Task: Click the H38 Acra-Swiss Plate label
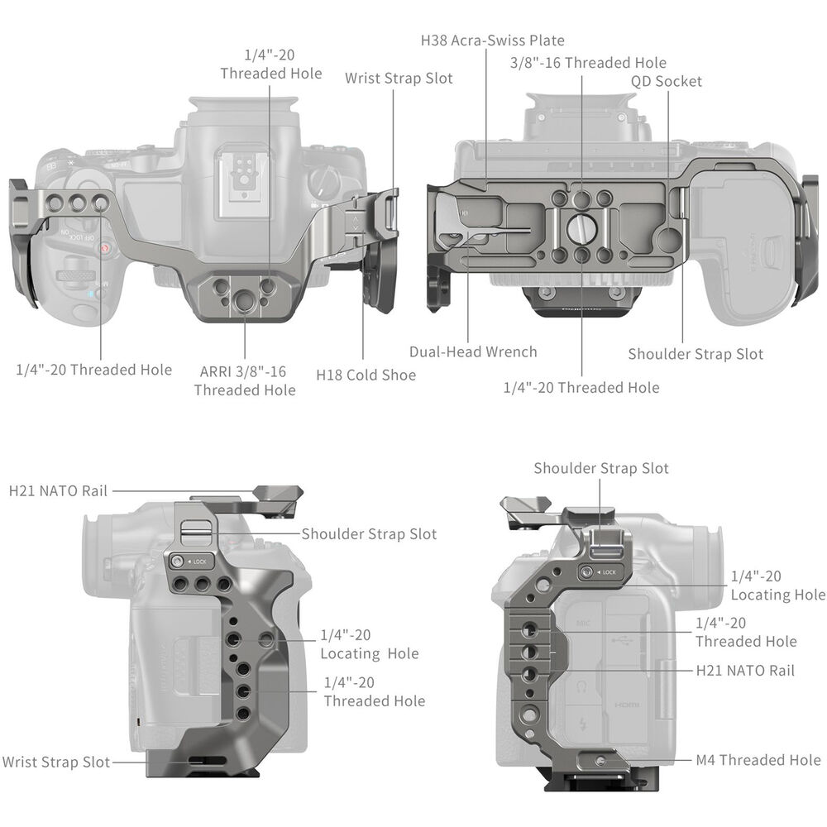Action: (x=493, y=41)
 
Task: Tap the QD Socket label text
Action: (x=667, y=81)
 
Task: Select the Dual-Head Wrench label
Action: (x=473, y=351)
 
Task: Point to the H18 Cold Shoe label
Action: (x=366, y=375)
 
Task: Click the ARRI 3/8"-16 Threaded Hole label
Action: (x=245, y=380)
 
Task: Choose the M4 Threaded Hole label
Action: (x=758, y=760)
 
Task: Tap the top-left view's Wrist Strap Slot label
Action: (x=399, y=79)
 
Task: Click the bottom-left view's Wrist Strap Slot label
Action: (x=56, y=762)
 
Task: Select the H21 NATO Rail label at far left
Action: (x=58, y=491)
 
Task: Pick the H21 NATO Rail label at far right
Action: (x=745, y=671)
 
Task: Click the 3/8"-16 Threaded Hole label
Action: (x=588, y=63)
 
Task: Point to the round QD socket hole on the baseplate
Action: (x=669, y=241)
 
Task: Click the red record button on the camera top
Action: (x=105, y=248)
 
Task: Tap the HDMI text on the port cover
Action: (x=627, y=705)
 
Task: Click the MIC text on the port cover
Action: (x=583, y=624)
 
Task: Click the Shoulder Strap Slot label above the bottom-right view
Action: (x=601, y=468)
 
